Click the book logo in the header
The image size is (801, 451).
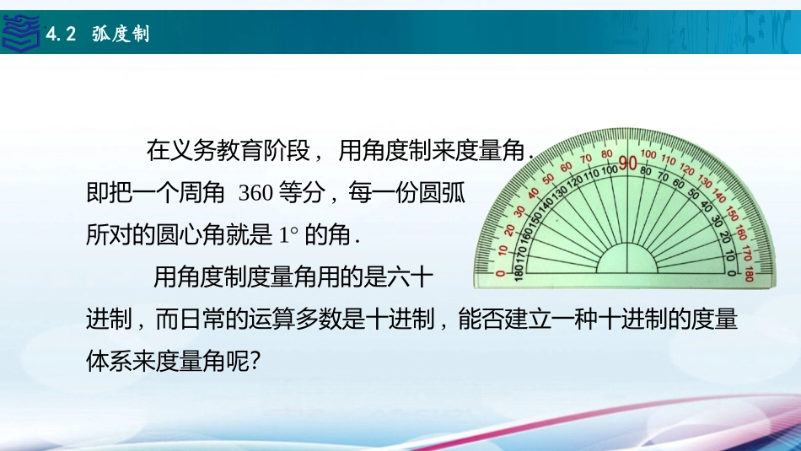(x=20, y=32)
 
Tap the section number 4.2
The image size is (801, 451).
(x=61, y=35)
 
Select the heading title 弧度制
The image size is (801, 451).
(x=121, y=34)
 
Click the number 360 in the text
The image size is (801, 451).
(x=255, y=193)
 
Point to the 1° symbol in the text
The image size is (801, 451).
(x=288, y=235)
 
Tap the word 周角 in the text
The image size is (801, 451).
(x=202, y=193)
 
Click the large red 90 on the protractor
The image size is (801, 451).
(x=628, y=164)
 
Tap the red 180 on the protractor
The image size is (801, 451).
(x=750, y=274)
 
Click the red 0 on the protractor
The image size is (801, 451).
(x=501, y=273)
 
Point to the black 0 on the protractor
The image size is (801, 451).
(x=732, y=273)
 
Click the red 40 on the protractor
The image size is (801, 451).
(x=534, y=194)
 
